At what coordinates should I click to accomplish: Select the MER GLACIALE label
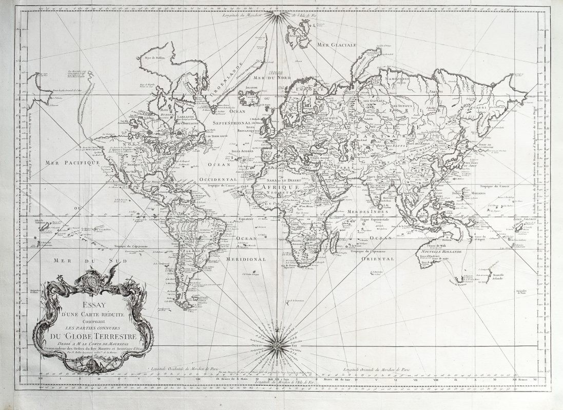pos(337,45)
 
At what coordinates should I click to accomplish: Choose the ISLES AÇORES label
pos(243,152)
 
